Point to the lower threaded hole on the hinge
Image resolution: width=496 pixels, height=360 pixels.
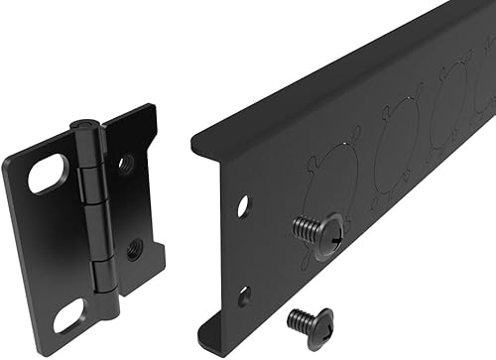(133, 249)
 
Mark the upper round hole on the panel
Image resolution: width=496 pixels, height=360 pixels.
(243, 206)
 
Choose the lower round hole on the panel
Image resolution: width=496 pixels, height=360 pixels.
(243, 295)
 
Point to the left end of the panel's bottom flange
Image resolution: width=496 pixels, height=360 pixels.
(213, 337)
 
